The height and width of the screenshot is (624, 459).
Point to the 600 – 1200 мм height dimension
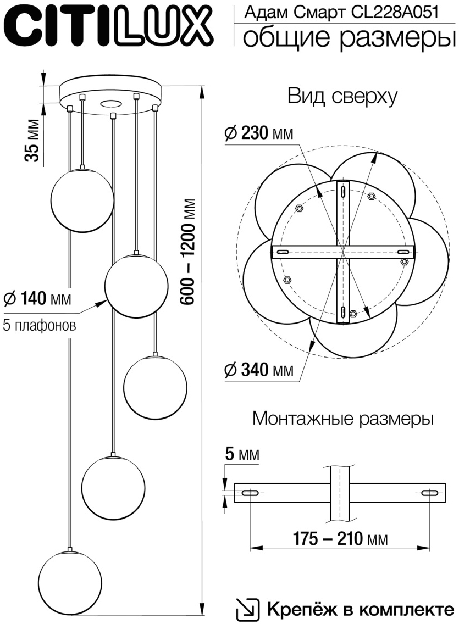pos(190,250)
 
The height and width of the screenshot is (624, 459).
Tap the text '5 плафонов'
pos(39,325)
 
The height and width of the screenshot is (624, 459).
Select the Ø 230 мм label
pos(258,132)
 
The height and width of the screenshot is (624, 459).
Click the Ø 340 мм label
pos(258,370)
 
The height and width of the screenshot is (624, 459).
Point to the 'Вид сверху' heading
pos(342,96)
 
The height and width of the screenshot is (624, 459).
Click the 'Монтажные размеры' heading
pos(343,419)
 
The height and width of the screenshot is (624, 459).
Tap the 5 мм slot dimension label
pos(241,454)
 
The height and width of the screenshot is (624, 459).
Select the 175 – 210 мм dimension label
pos(339,539)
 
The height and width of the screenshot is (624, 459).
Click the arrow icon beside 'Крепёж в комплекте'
pos(247,609)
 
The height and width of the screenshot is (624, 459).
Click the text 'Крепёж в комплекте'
pos(361,609)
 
